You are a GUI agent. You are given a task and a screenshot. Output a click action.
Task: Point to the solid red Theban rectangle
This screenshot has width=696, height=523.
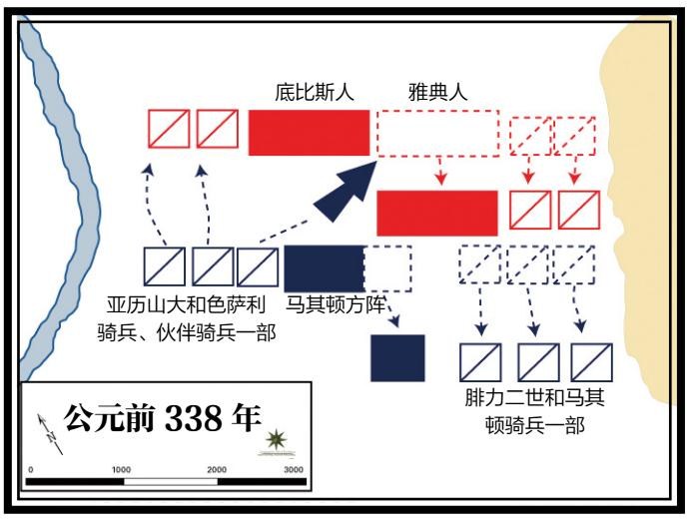pos(308,132)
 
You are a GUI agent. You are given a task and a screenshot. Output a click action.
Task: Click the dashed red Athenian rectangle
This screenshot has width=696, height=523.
pos(437,132)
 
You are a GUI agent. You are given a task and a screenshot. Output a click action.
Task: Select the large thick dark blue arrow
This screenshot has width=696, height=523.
pos(345,190)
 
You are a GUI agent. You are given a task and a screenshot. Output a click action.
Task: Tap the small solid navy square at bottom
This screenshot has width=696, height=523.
pos(397,357)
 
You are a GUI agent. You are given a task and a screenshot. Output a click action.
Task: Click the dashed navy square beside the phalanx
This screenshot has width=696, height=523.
pos(387,266)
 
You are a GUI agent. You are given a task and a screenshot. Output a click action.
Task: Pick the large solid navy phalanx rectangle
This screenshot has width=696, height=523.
pos(324,266)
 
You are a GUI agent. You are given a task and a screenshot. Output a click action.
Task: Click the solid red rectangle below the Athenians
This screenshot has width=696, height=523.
pos(436,213)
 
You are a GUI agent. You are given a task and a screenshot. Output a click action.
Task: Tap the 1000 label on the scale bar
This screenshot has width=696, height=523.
pos(121,469)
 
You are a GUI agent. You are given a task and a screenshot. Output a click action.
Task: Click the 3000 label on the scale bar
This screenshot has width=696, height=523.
pos(293,469)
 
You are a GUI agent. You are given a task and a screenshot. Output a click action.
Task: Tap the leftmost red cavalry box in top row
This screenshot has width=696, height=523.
pos(169,129)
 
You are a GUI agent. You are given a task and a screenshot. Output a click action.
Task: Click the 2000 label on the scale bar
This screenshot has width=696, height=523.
pos(216,469)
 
